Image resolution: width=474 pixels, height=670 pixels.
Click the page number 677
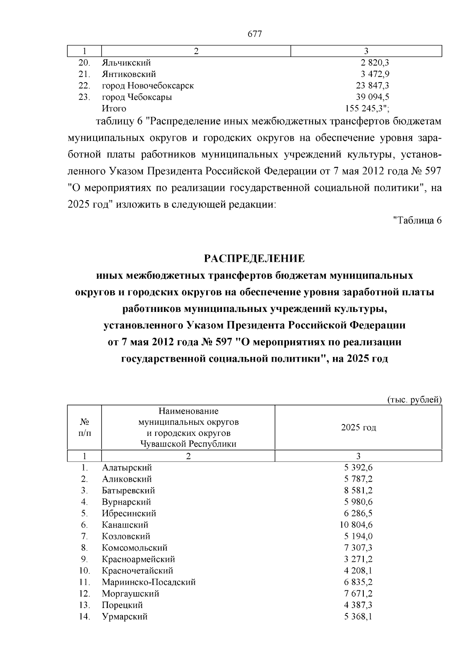tap(254, 34)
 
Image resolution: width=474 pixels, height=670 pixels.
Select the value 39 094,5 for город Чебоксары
tap(373, 97)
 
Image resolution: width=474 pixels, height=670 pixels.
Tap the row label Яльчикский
tap(126, 62)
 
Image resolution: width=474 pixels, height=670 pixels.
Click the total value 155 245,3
tap(367, 108)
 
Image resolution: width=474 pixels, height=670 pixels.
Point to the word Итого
tap(114, 108)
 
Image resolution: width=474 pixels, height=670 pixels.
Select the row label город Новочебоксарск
tap(148, 85)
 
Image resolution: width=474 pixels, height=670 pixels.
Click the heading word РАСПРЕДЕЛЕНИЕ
tap(254, 259)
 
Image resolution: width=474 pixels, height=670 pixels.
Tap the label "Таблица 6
tap(417, 220)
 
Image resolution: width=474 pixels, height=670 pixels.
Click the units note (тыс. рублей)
tap(414, 400)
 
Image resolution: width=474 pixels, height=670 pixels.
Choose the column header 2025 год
tap(358, 428)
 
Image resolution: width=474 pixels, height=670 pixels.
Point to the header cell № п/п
tap(85, 428)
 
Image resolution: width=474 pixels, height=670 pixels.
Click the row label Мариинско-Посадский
tap(149, 582)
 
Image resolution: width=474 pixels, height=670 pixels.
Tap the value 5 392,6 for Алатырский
tap(358, 467)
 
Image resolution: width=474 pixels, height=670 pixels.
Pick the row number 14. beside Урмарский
tap(85, 616)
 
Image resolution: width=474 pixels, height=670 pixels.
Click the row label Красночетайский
tap(137, 571)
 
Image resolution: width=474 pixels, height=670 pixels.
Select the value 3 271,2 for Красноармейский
tap(358, 559)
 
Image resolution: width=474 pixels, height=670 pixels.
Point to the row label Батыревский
tap(128, 490)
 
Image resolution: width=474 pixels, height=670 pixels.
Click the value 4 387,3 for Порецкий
tap(358, 605)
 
